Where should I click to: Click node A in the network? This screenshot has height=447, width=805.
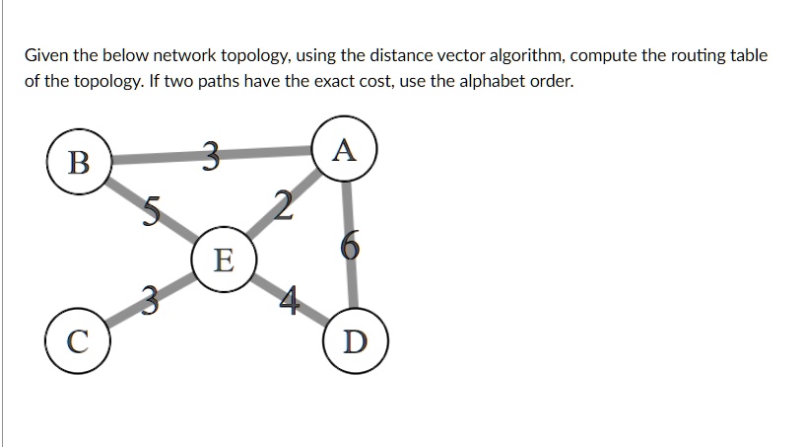(343, 151)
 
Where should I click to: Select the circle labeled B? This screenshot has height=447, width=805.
(78, 161)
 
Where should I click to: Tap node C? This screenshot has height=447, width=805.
(76, 343)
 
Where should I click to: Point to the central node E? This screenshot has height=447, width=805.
(224, 261)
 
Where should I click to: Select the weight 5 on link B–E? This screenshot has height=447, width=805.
(151, 210)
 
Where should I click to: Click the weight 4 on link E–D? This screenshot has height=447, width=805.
(287, 300)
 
